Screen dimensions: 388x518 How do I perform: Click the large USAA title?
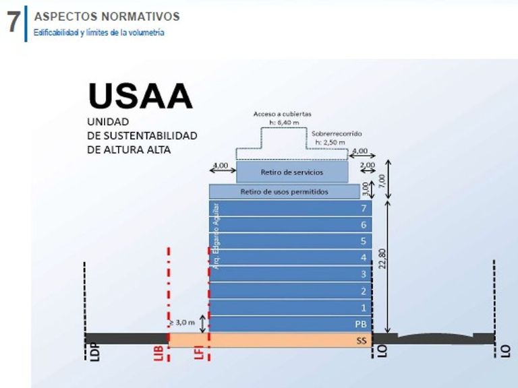pyautogui.click(x=140, y=96)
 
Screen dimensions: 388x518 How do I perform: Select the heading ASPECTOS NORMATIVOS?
pyautogui.click(x=107, y=15)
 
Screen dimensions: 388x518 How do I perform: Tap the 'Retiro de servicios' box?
pyautogui.click(x=292, y=172)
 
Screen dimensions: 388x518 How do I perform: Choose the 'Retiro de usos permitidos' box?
pyautogui.click(x=284, y=192)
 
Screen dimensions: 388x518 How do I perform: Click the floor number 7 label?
pyautogui.click(x=364, y=209)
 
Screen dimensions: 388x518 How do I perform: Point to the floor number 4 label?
pyautogui.click(x=364, y=258)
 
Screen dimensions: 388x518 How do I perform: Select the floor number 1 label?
pyautogui.click(x=364, y=308)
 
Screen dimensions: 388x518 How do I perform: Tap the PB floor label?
pyautogui.click(x=361, y=324)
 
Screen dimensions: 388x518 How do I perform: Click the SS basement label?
pyautogui.click(x=362, y=341)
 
